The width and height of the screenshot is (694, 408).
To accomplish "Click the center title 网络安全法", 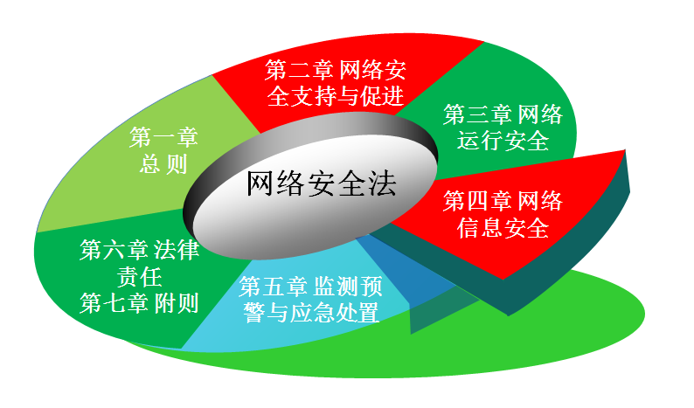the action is point(321,183).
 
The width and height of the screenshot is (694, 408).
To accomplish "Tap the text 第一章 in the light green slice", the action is point(163,137).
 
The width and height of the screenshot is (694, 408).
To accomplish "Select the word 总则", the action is point(163,163).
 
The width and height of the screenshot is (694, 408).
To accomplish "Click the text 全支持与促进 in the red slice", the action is point(336,95).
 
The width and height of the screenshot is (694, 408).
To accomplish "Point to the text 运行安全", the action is point(503,141).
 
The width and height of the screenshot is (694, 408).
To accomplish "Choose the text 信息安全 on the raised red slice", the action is point(503,227).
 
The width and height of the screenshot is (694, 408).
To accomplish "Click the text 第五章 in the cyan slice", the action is point(272,286).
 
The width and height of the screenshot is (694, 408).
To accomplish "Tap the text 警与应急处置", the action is point(311,313).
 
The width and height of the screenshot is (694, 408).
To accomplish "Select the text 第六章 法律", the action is point(140,250).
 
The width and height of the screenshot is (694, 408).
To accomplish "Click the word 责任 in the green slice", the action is point(140,277).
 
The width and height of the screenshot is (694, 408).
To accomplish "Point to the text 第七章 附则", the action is point(140,303).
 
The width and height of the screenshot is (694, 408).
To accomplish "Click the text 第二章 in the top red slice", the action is point(299,70).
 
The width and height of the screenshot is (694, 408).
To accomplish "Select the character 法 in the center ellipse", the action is point(382,183).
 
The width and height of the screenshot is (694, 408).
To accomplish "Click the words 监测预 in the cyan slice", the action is point(348,286).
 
